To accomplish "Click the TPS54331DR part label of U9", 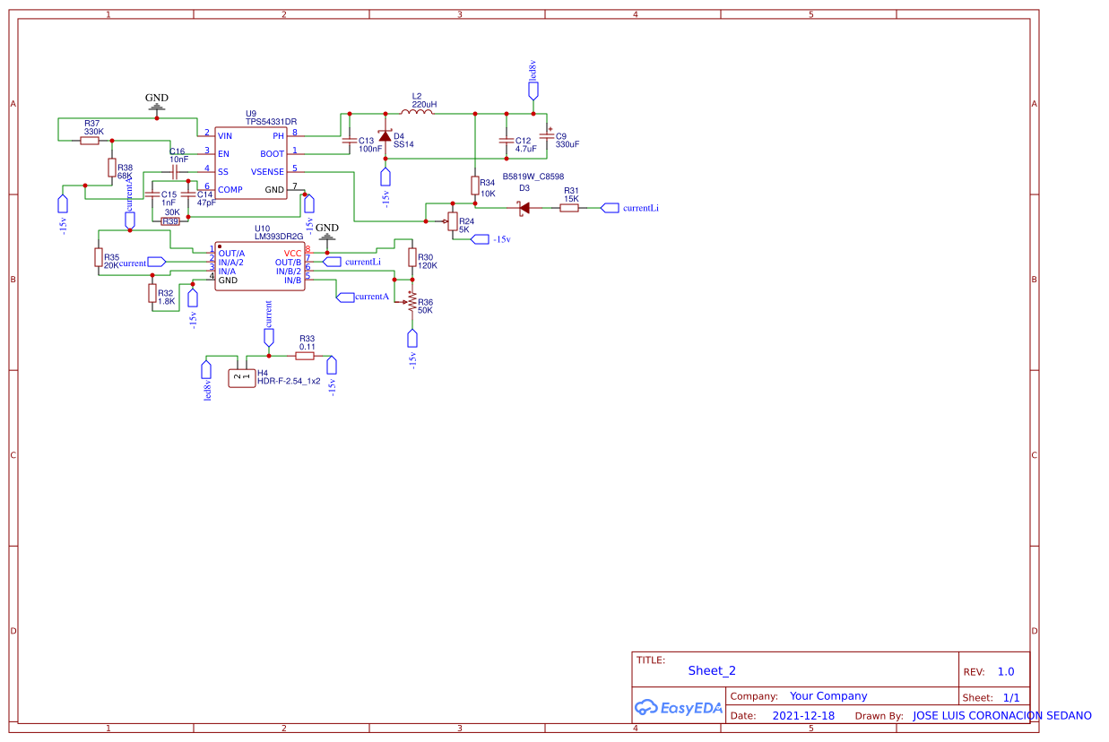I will (271, 121).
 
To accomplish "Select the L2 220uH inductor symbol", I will (419, 113).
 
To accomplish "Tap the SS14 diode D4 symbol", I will (386, 137).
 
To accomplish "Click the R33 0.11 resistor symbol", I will (306, 356).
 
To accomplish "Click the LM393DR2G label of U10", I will (279, 237).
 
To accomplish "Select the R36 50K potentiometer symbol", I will (412, 302).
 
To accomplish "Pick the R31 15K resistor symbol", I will (569, 208).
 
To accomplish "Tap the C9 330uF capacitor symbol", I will (546, 136).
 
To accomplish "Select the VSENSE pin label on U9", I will (267, 171).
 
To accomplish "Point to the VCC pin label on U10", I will (293, 253).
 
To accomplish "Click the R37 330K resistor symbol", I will (90, 140).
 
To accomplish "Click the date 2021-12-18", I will (803, 715).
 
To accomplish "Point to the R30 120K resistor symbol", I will (412, 257).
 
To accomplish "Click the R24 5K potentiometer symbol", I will (451, 221).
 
